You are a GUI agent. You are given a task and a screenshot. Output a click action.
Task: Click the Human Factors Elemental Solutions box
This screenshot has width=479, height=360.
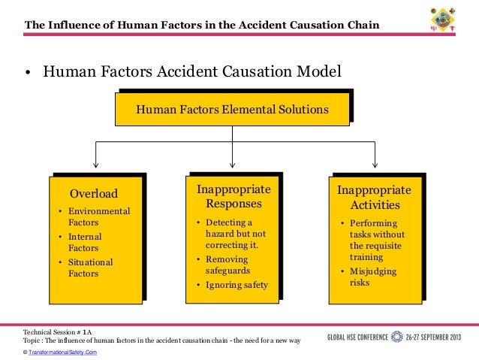click(x=232, y=110)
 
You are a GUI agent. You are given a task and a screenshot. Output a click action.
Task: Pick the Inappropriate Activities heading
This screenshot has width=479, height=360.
click(x=374, y=198)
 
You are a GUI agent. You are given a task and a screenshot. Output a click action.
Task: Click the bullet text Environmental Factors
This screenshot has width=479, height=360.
click(x=98, y=217)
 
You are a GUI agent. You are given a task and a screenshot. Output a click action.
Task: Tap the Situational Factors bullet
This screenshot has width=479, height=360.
click(x=90, y=268)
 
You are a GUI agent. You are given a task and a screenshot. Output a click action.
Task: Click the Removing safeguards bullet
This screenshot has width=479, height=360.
click(x=228, y=265)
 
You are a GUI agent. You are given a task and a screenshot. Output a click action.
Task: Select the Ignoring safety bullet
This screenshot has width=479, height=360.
click(x=236, y=285)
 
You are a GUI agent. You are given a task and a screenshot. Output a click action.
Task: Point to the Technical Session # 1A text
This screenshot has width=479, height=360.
click(x=58, y=331)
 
